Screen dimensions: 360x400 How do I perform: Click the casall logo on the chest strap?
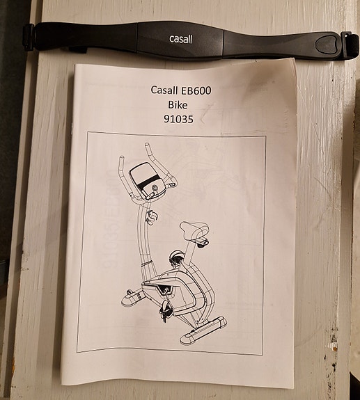pos(180,39)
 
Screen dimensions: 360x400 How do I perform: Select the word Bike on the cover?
pos(178,104)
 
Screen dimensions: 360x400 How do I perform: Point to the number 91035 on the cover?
pos(178,119)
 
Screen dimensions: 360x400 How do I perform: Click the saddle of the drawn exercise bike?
pos(194,229)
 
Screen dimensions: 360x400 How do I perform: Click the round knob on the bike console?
pos(155,189)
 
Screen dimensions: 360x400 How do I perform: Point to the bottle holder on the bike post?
pos(151,216)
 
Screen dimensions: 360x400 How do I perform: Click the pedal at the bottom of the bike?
pos(165,309)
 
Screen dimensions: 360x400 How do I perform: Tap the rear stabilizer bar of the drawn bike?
pos(203,331)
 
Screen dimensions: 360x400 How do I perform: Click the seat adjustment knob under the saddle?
pos(203,243)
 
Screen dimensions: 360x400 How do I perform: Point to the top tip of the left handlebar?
pos(122,158)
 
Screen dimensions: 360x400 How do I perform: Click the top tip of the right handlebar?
pos(148,145)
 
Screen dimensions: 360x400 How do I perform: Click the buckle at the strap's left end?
pos(29,37)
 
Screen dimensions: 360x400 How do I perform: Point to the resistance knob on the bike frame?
pos(176,258)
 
